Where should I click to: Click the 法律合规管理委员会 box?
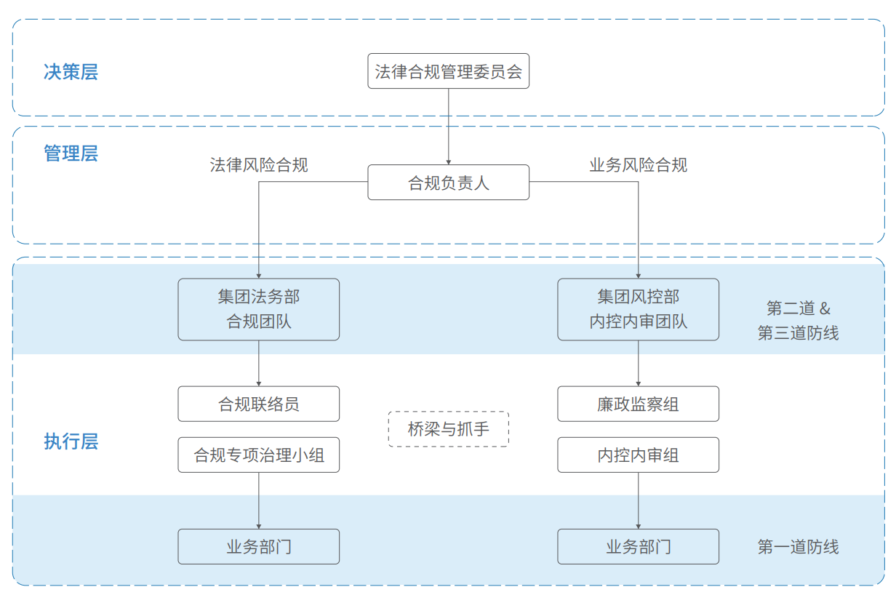448,71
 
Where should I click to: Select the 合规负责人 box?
448,183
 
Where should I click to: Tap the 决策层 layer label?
71,72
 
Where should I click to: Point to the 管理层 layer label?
71,153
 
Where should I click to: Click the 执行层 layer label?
71,442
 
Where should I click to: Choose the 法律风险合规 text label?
259,165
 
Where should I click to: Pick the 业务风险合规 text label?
638,165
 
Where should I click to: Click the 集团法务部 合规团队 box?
259,309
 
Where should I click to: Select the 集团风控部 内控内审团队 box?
638,309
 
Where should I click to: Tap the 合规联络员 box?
259,404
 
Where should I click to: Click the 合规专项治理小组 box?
259,455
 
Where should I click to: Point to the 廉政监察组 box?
638,404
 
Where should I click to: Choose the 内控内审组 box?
638,455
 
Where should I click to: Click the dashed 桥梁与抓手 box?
448,429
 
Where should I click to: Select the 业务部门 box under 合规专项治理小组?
259,546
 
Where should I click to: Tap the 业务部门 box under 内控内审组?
638,546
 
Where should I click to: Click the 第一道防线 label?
798,547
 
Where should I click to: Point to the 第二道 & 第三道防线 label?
798,320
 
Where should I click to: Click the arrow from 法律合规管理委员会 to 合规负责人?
448,127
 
